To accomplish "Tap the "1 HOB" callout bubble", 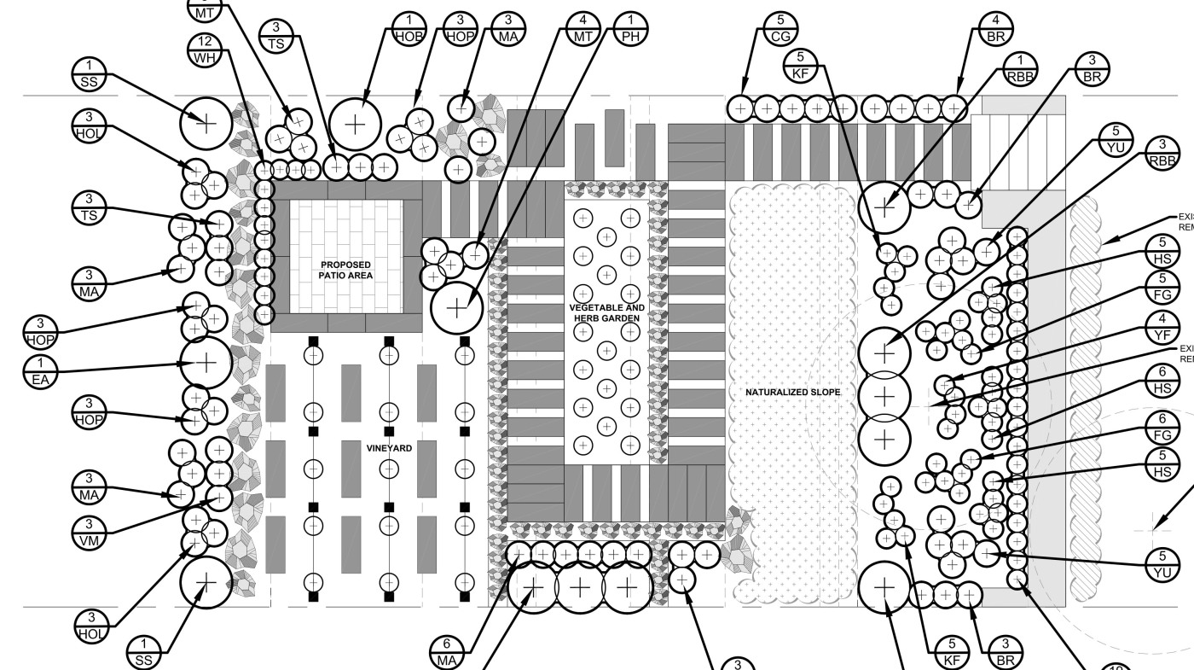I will pos(409,29).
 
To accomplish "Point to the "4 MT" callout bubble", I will pos(582,29).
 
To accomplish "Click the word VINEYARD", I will pos(389,448).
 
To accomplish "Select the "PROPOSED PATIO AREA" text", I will pos(346,271).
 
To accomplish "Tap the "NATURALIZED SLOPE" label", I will pos(792,393).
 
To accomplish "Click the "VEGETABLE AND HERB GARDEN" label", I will pos(606,312).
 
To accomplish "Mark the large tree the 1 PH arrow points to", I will pos(456,307).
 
